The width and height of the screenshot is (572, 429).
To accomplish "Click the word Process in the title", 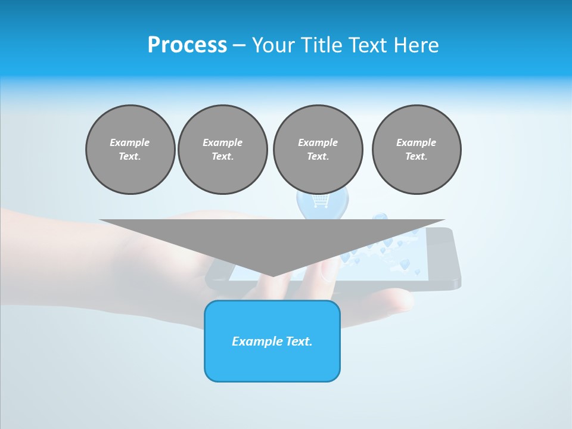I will (x=187, y=45).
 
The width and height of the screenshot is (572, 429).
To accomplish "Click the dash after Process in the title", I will (x=239, y=46).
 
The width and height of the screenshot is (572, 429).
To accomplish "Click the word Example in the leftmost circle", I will (x=130, y=142).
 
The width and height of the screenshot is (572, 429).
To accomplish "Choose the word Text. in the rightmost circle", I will (x=416, y=157).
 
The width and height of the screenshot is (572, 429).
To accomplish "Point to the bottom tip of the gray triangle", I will (x=273, y=275).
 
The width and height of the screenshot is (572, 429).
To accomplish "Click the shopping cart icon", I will (x=321, y=201).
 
